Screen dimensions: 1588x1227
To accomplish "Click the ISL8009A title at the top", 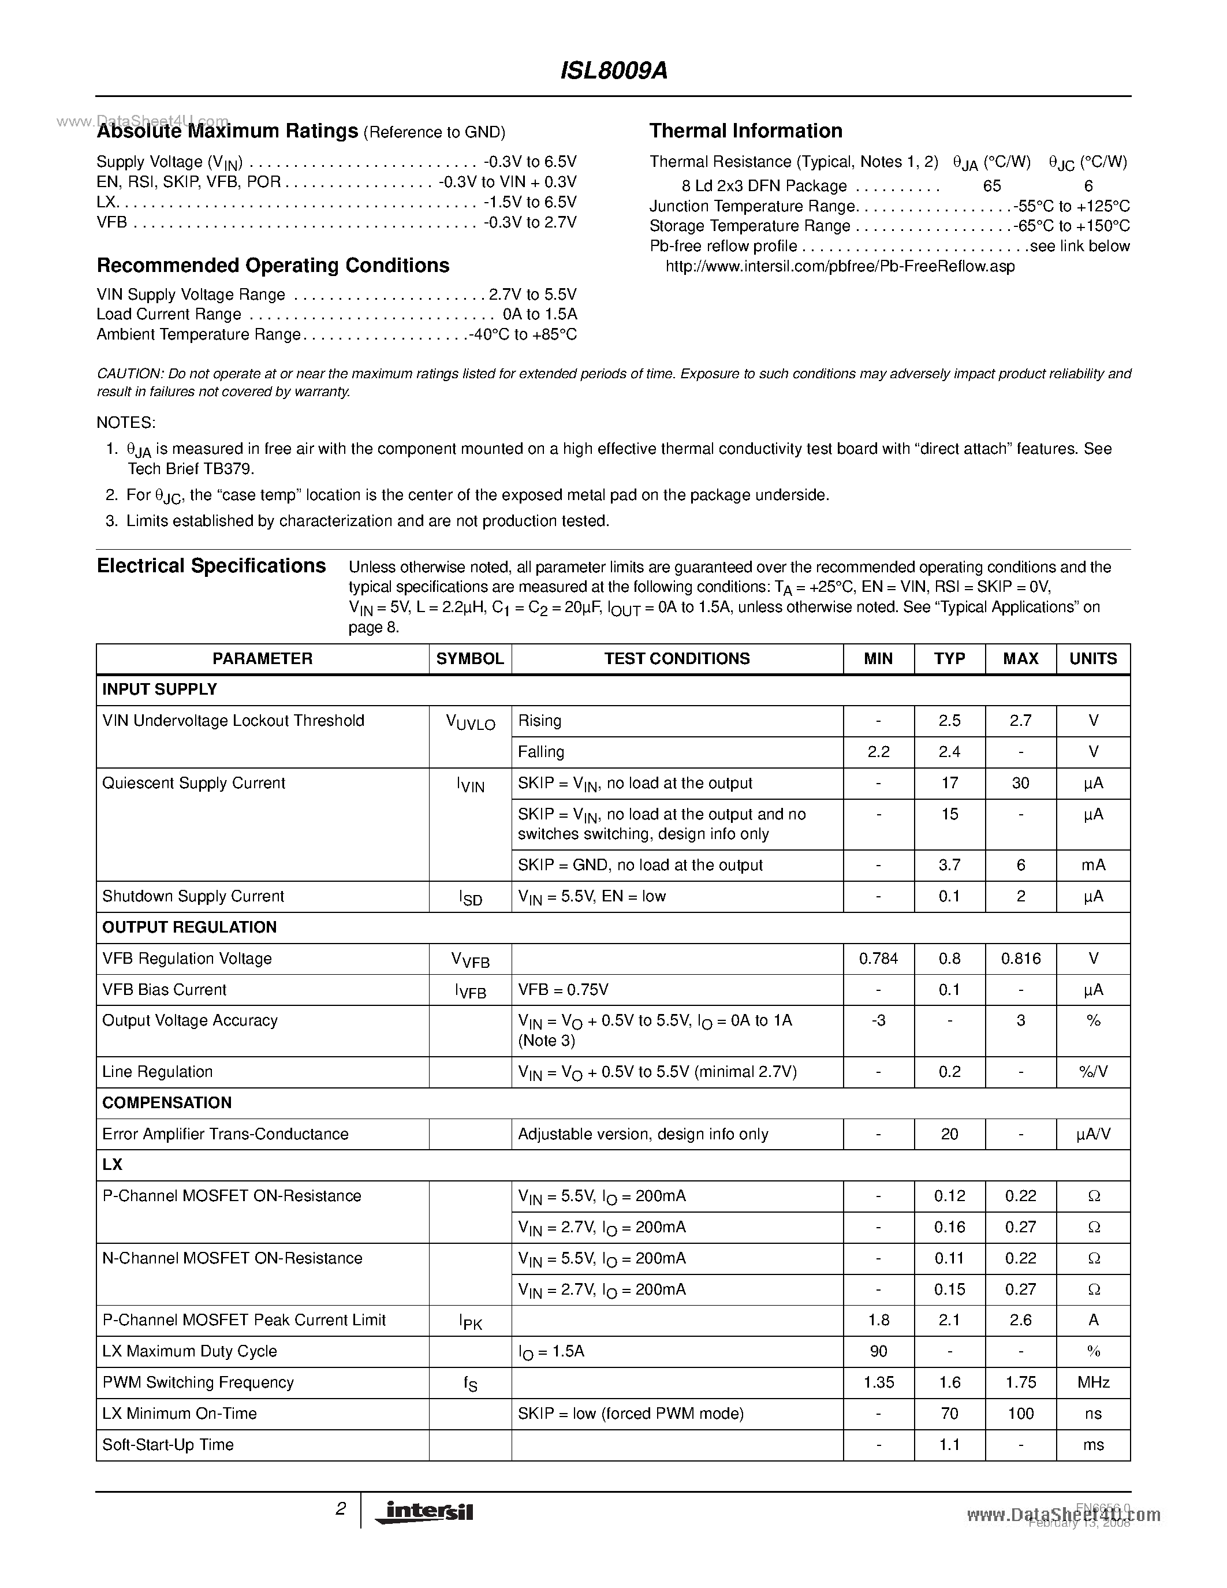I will (x=614, y=71).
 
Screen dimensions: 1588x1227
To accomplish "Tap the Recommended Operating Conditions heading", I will (x=273, y=266).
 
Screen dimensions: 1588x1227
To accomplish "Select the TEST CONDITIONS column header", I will (x=677, y=659).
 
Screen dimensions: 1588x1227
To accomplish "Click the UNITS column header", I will (x=1092, y=659).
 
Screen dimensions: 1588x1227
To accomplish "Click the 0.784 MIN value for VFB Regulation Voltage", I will (x=878, y=959).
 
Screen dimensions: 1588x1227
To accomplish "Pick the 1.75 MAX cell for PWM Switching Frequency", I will (x=1020, y=1382).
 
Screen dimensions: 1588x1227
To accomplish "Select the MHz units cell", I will (x=1092, y=1382).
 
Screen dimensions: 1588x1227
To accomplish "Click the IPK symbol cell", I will (x=470, y=1322).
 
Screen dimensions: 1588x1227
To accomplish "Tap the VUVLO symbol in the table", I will (x=470, y=723).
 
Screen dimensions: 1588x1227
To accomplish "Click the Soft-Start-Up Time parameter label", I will (x=168, y=1445).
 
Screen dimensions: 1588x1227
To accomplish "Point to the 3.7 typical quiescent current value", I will (x=949, y=865).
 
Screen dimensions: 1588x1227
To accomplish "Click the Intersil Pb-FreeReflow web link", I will (x=840, y=266).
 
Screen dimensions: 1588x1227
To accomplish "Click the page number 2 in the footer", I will (x=340, y=1509).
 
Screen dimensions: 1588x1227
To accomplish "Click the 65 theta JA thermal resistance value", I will (x=991, y=186).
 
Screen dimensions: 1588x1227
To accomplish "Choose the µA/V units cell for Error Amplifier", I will (x=1092, y=1134).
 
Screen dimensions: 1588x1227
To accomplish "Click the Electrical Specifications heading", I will (x=211, y=566).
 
